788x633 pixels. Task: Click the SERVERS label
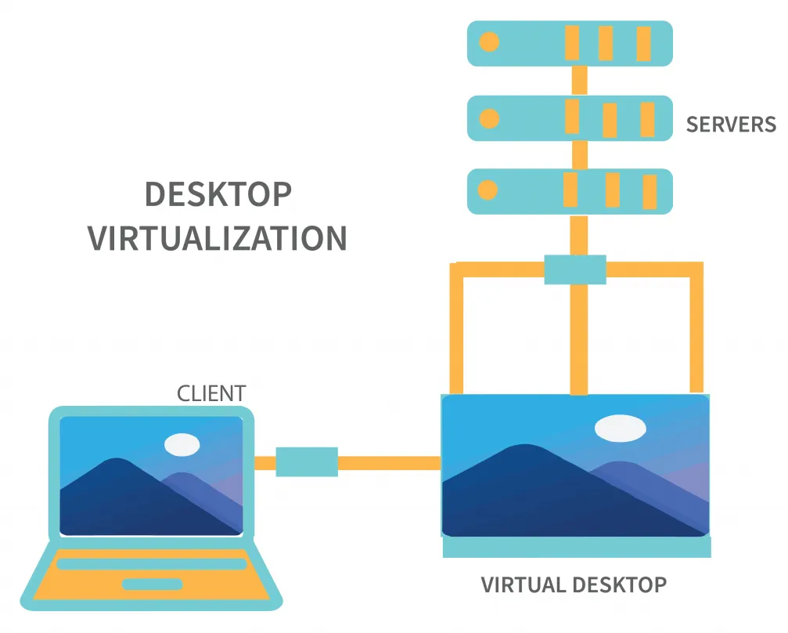(730, 125)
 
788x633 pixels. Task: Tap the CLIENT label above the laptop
(211, 393)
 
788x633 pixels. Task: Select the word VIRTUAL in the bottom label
(522, 584)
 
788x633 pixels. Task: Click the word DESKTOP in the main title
(218, 194)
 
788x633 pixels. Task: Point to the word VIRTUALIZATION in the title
(218, 238)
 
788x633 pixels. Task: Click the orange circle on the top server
(489, 42)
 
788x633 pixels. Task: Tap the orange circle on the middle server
(489, 118)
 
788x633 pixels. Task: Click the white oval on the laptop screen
(182, 444)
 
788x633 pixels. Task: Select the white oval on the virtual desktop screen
(620, 429)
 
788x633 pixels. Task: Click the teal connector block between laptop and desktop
(307, 462)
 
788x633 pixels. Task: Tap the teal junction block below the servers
(575, 269)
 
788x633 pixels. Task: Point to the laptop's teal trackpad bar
(153, 584)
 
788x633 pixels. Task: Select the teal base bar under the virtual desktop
(577, 547)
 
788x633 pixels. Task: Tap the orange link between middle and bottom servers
(579, 155)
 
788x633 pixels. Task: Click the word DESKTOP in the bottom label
(619, 584)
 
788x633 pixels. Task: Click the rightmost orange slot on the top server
(644, 43)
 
